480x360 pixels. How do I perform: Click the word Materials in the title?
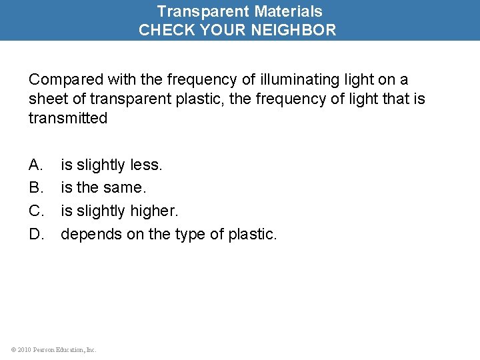[x=288, y=11]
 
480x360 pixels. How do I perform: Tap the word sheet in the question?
[x=47, y=99]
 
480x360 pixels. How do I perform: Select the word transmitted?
[x=67, y=118]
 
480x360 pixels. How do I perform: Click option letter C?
[x=36, y=211]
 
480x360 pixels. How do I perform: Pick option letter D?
[x=36, y=234]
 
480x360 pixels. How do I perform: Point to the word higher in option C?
[x=155, y=211]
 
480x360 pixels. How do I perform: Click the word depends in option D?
[x=87, y=235]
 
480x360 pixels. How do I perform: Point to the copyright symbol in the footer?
[x=13, y=349]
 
